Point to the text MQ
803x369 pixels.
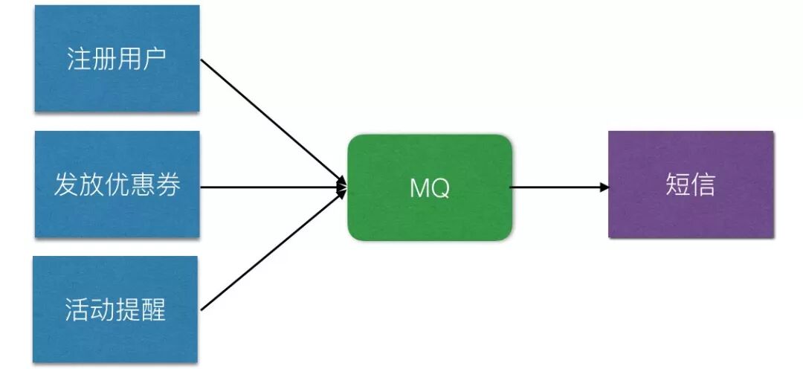430,187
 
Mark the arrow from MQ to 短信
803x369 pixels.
558,187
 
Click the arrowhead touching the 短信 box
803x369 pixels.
604,187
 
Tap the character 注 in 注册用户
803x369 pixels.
80,59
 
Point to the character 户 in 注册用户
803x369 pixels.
154,59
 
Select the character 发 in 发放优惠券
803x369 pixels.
66,185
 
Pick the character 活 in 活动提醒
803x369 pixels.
78,309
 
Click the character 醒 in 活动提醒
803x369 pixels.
152,309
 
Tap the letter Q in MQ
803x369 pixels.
439,188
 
